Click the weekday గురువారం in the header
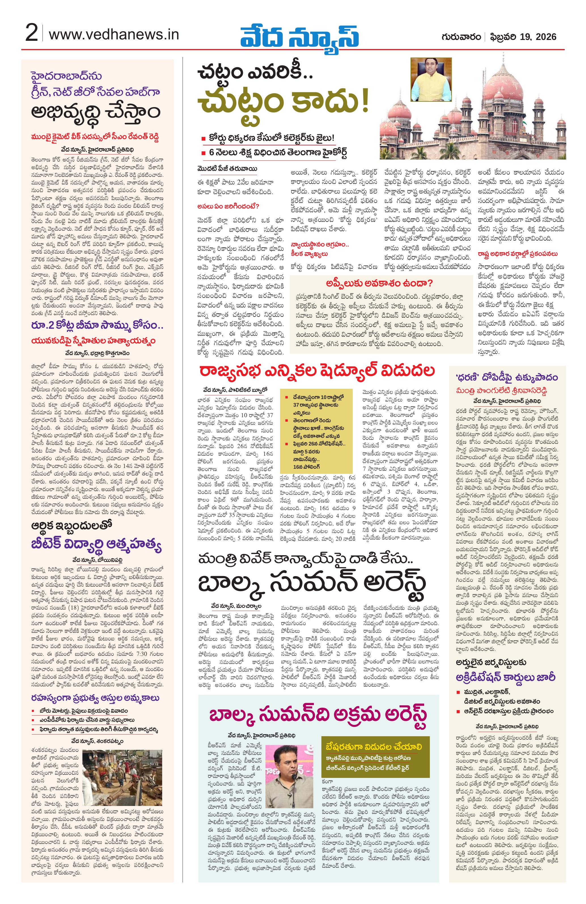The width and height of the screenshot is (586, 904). click(x=461, y=37)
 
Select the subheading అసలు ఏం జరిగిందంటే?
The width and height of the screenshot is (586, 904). click(x=228, y=207)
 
